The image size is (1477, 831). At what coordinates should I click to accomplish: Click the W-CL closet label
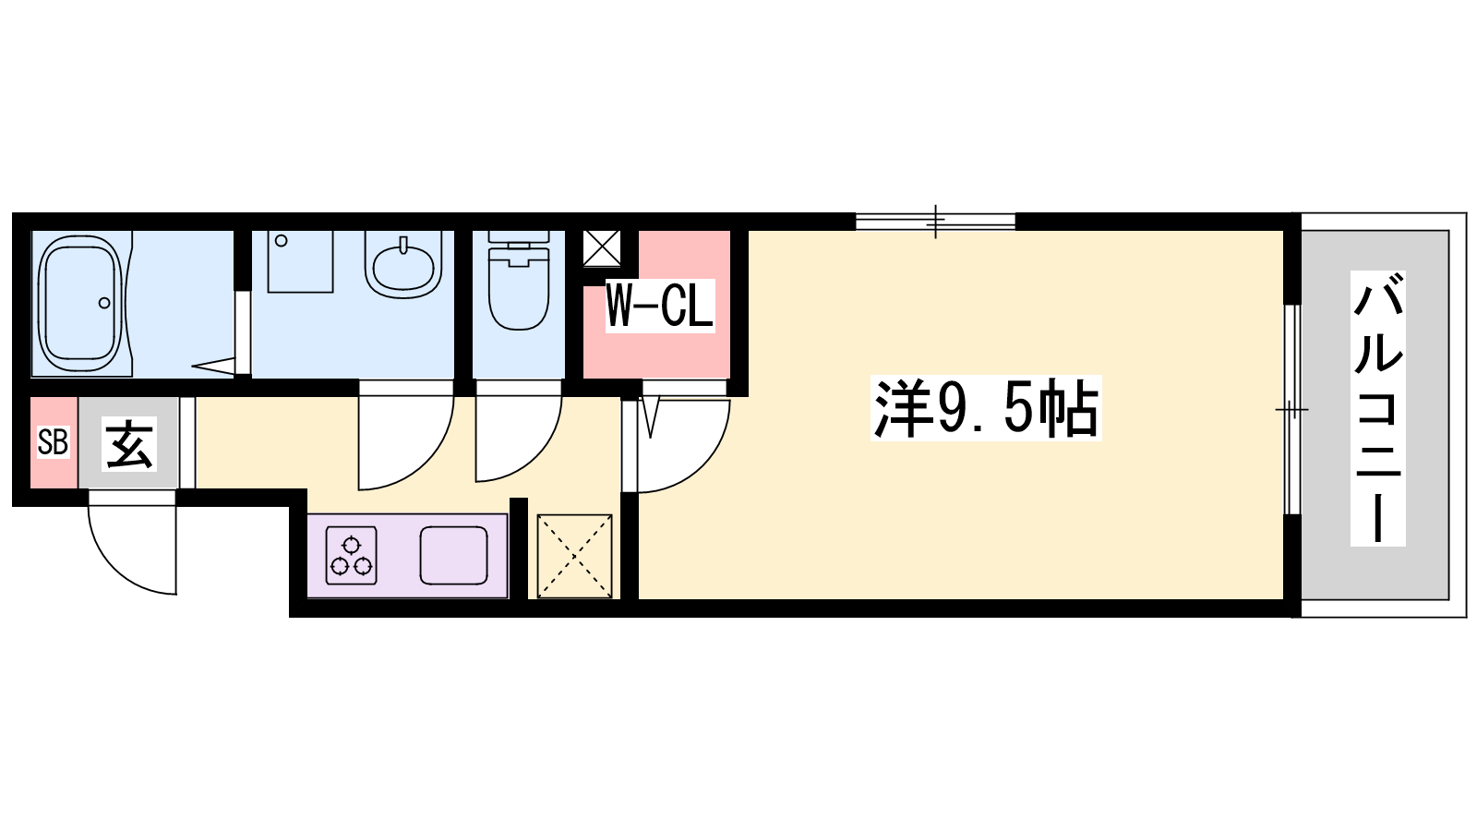(x=659, y=307)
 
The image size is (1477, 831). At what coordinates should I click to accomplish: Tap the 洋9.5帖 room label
(x=986, y=408)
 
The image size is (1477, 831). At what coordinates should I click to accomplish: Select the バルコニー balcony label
(x=1377, y=408)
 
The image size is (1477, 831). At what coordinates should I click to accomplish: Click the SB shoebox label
(x=53, y=442)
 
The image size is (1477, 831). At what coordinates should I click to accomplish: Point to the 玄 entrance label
(x=129, y=443)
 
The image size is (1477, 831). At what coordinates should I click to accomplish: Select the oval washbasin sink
(x=403, y=265)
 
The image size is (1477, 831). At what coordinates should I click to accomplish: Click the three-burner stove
(x=352, y=556)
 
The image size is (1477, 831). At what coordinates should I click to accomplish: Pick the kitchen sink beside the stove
(x=453, y=555)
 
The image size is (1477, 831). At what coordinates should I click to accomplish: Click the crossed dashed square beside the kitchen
(x=574, y=556)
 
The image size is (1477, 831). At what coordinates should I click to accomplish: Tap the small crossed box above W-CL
(x=602, y=247)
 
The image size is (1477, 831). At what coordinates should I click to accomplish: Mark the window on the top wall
(x=935, y=222)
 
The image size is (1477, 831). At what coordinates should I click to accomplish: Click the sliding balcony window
(x=1292, y=409)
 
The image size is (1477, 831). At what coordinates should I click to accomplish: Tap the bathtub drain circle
(x=104, y=303)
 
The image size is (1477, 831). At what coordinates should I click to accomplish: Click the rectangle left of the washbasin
(x=300, y=261)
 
